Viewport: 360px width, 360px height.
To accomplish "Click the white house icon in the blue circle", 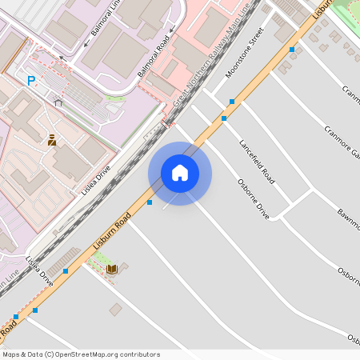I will pyautogui.click(x=180, y=173).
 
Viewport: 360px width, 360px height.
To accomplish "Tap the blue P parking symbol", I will pyautogui.click(x=31, y=81).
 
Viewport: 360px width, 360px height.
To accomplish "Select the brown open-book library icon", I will pyautogui.click(x=112, y=268).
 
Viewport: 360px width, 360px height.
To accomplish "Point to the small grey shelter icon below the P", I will pyautogui.click(x=58, y=102).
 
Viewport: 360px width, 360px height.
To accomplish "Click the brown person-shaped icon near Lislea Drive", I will pyautogui.click(x=52, y=139).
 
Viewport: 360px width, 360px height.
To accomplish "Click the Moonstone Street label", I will pyautogui.click(x=245, y=52).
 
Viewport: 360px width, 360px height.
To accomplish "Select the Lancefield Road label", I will pyautogui.click(x=257, y=162).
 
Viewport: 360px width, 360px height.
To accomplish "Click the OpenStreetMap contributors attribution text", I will pyautogui.click(x=81, y=354).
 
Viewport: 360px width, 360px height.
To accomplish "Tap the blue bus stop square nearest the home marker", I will pyautogui.click(x=150, y=202).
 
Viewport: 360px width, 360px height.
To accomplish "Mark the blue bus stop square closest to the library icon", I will pyautogui.click(x=66, y=271).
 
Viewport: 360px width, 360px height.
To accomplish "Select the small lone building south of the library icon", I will pyautogui.click(x=116, y=309).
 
